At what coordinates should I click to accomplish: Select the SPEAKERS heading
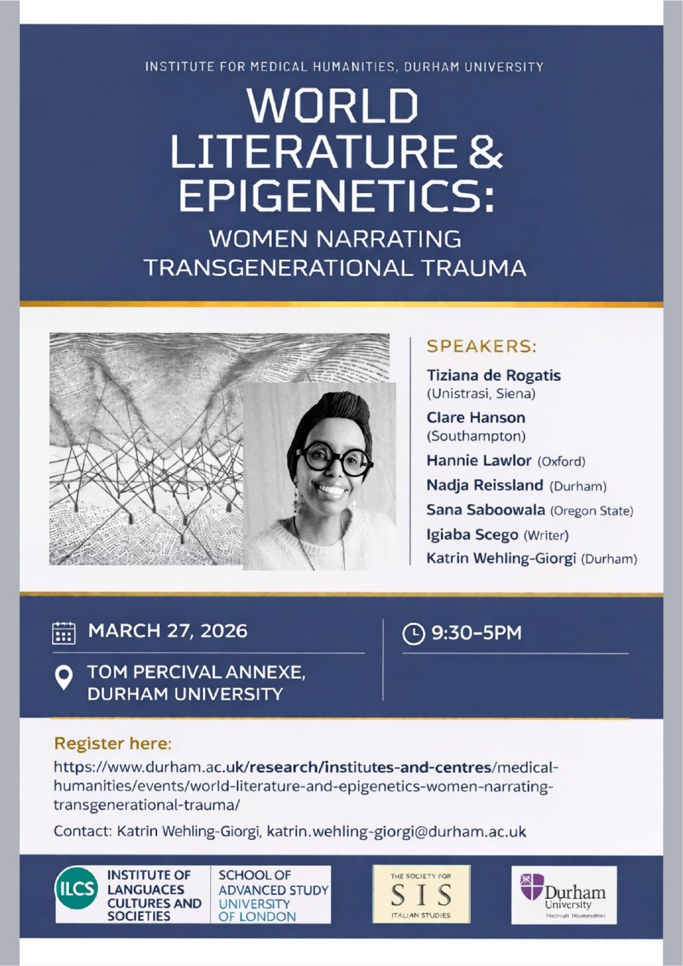click(x=481, y=346)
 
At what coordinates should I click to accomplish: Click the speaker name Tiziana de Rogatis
click(x=494, y=375)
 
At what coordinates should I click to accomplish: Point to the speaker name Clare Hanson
click(x=476, y=417)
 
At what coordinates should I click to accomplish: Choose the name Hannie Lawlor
click(x=479, y=460)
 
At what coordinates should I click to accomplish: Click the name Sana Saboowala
click(x=485, y=510)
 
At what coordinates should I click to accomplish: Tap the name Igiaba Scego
click(x=472, y=534)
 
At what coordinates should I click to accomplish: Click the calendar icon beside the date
click(x=63, y=632)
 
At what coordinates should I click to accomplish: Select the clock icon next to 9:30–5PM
click(x=414, y=633)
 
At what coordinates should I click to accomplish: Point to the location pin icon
click(x=64, y=677)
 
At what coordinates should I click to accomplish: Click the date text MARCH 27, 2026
click(x=168, y=631)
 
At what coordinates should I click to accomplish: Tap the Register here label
click(x=113, y=744)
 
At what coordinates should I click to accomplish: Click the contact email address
click(x=396, y=831)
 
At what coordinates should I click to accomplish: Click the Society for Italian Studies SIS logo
click(x=421, y=894)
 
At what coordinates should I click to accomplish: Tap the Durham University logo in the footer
click(x=563, y=894)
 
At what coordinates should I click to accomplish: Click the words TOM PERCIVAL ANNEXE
click(x=196, y=672)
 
